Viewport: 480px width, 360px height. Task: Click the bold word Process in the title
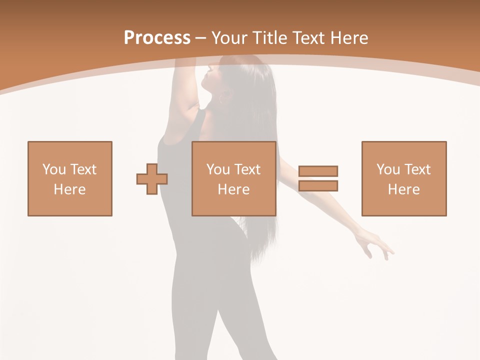click(x=157, y=38)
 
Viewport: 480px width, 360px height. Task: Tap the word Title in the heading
click(x=270, y=38)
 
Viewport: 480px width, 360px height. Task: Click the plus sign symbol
click(x=152, y=179)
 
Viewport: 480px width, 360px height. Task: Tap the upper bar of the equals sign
click(x=318, y=171)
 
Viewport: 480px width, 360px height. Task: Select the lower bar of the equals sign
click(x=318, y=186)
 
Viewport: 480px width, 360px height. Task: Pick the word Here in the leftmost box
click(x=69, y=189)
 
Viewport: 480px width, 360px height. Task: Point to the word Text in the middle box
click(x=247, y=169)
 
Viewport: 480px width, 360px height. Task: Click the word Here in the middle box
click(x=233, y=189)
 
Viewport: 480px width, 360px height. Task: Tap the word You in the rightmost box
click(x=388, y=169)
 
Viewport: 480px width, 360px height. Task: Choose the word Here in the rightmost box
click(x=403, y=189)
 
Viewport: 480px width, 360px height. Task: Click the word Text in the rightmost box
click(x=417, y=169)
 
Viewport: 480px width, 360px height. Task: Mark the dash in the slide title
click(x=200, y=38)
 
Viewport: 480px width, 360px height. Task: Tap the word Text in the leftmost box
click(x=83, y=169)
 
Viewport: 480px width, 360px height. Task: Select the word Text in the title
click(x=308, y=38)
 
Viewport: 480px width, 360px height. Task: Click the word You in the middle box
click(x=218, y=169)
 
